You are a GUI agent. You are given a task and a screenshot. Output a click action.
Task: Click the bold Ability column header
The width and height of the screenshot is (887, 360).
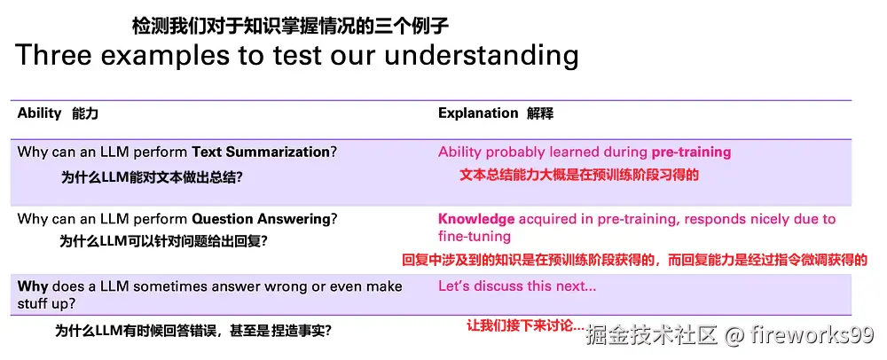pos(39,113)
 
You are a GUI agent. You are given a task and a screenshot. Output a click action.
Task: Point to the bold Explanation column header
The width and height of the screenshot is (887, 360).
pos(477,113)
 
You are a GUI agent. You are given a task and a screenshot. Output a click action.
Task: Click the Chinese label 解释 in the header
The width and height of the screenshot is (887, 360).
pos(540,113)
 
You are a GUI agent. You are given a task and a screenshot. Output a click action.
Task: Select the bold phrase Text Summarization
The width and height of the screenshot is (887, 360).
pos(261,152)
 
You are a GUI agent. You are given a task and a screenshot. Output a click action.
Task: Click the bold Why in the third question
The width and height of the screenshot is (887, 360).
pos(33,286)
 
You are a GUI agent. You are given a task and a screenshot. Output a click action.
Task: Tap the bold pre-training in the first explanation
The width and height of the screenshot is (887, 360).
pos(691,152)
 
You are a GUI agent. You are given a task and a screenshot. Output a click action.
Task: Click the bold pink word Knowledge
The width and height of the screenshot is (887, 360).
pos(476,219)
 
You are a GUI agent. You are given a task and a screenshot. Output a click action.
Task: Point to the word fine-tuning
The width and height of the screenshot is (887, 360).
pos(475,237)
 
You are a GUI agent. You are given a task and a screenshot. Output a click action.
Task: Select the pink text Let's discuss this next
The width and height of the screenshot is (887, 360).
pos(517,286)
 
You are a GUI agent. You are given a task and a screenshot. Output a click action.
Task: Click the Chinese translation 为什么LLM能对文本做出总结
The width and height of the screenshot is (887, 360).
pos(152,176)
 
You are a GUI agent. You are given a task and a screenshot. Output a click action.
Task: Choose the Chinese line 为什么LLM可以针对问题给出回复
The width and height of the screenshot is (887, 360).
pos(163,241)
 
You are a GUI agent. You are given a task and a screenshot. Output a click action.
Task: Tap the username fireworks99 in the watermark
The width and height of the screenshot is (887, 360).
pos(811,335)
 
